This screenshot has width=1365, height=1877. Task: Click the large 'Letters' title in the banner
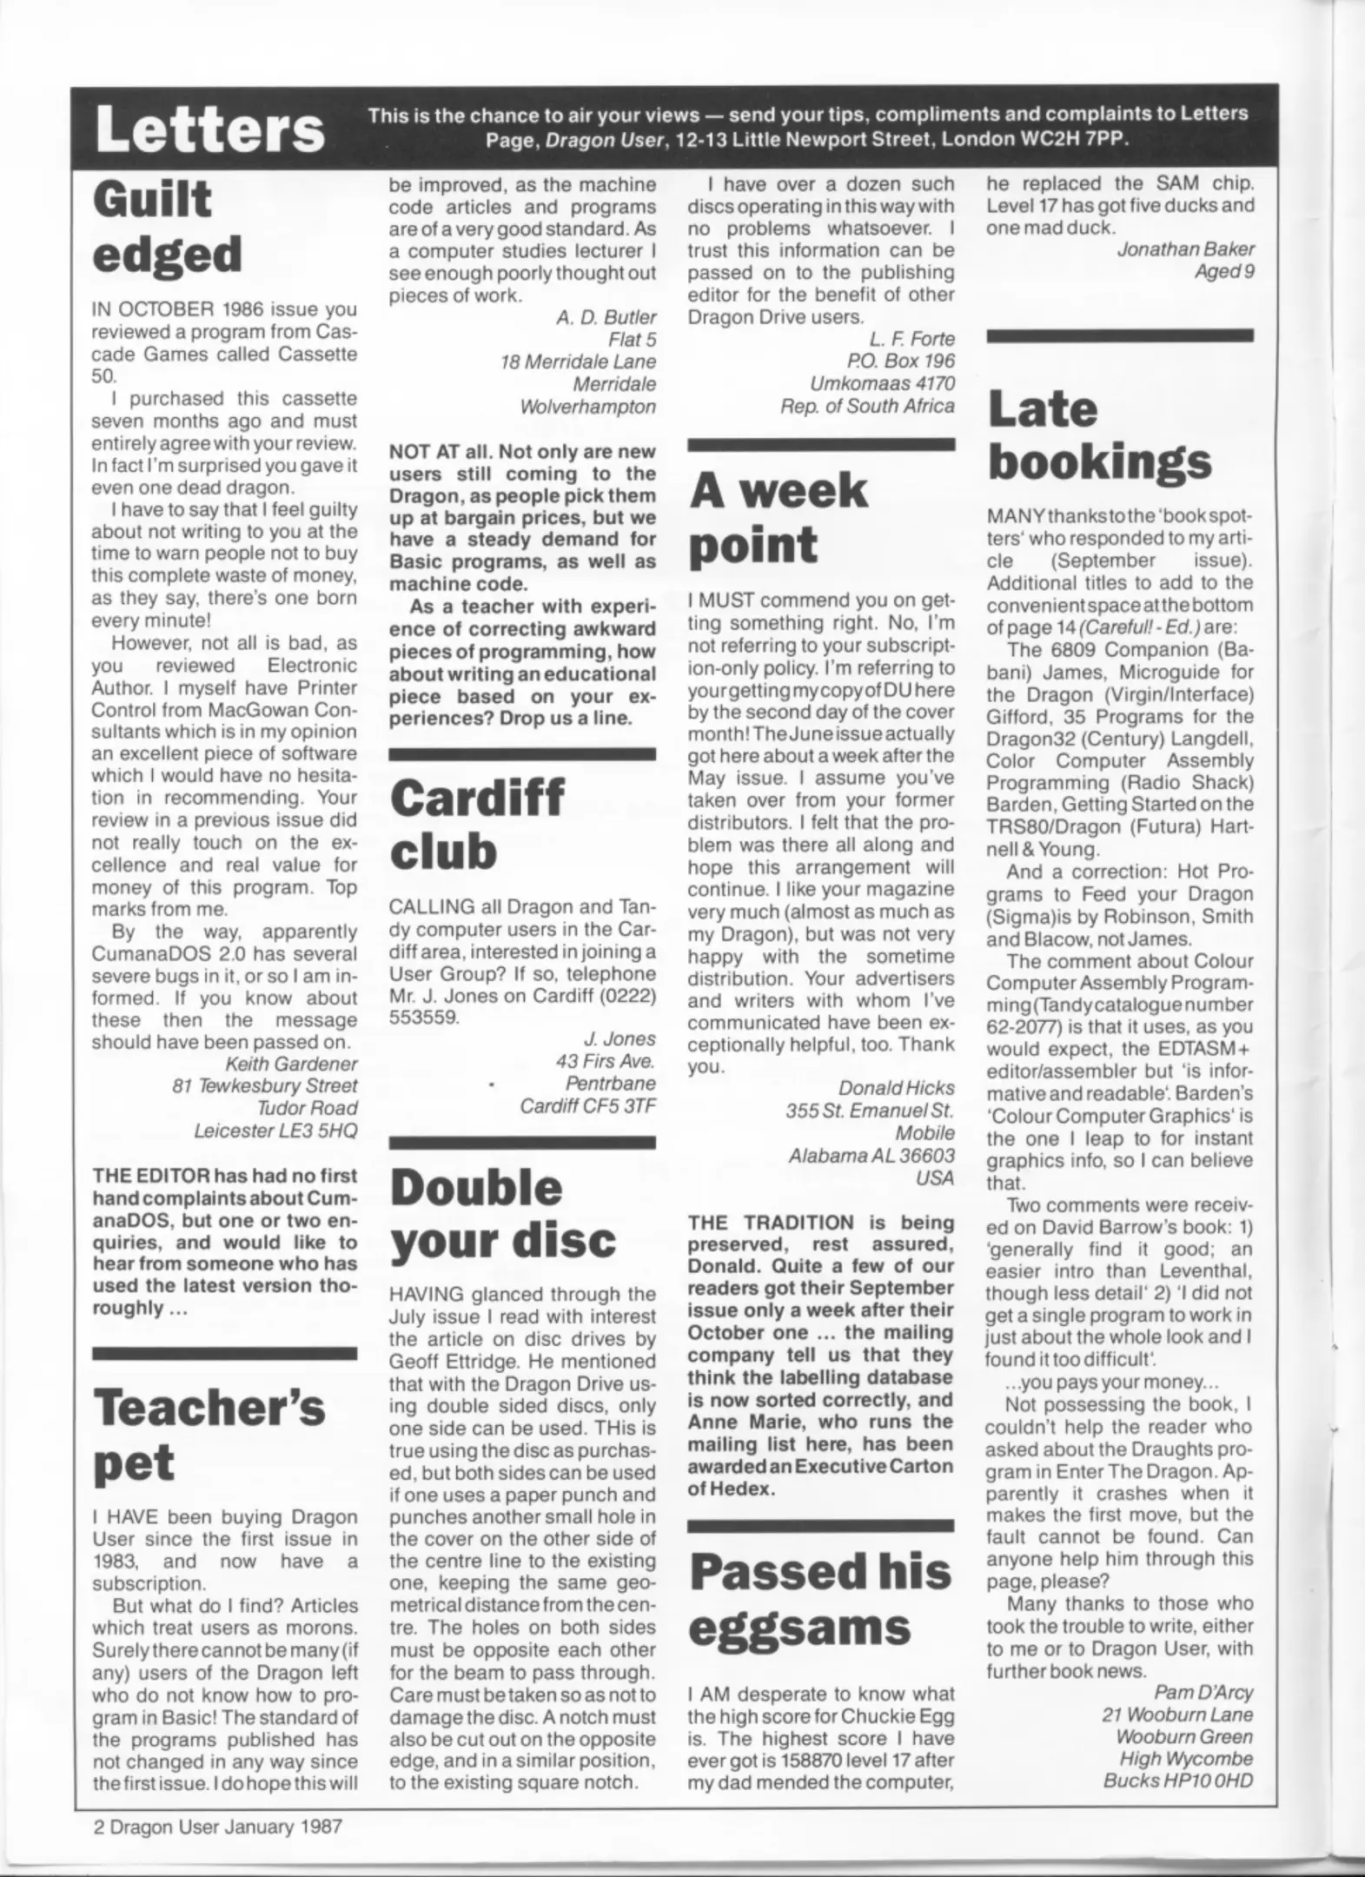tap(210, 130)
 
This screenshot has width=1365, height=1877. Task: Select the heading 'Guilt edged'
tap(167, 228)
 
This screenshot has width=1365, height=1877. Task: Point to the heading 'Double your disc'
tap(502, 1213)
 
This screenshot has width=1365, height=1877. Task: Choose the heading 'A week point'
tap(778, 518)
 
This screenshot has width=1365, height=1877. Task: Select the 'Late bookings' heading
tap(1099, 436)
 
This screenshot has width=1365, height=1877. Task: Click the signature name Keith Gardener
tap(291, 1063)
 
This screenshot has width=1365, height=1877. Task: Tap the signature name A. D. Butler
tap(606, 317)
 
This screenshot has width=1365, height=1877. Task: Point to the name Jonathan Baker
tap(1185, 249)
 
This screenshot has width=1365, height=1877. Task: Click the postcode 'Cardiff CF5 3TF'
tap(587, 1105)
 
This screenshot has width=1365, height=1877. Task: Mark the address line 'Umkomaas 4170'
tap(882, 383)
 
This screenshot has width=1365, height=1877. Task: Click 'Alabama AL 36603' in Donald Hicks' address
tap(871, 1156)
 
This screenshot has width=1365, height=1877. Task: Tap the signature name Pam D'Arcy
tap(1203, 1692)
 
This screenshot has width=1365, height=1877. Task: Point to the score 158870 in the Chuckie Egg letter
tap(812, 1761)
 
